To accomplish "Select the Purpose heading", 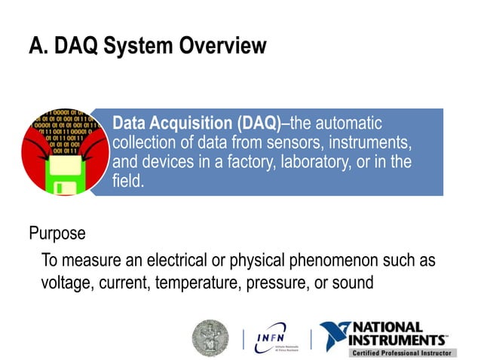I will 57,233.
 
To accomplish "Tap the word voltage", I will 67,282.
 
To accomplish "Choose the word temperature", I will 207,282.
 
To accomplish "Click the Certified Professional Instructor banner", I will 400,352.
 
